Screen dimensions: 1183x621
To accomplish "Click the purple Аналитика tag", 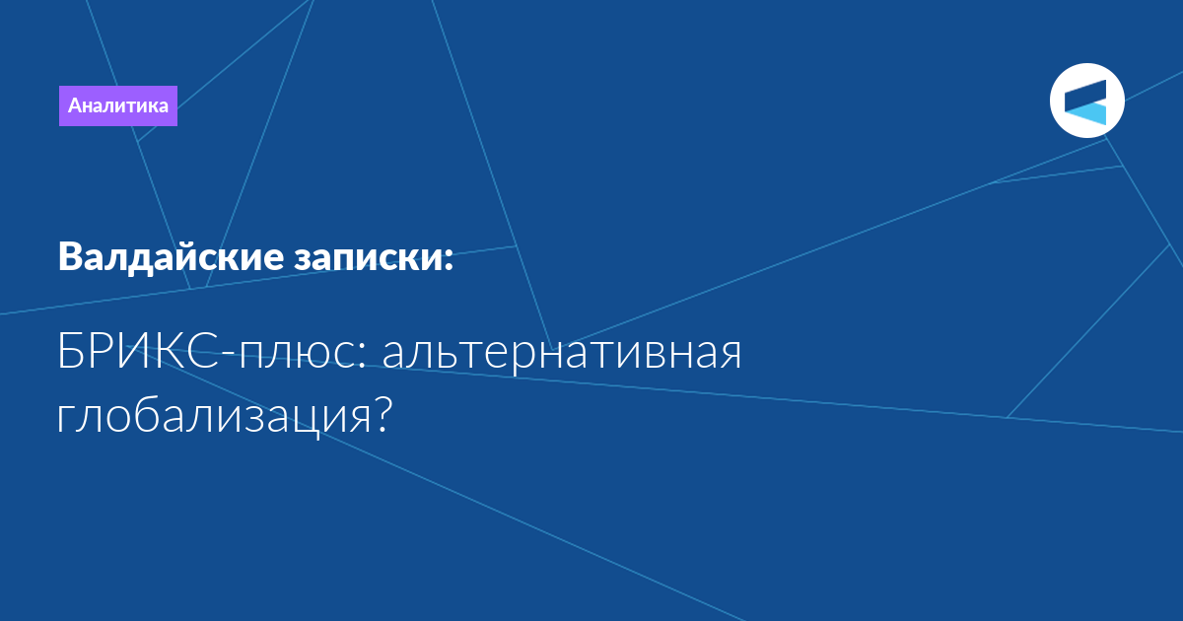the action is point(117,105).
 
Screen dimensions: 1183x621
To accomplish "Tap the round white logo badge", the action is point(1086,101).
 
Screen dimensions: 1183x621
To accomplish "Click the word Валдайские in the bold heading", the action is point(172,257).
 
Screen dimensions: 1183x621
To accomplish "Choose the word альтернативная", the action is point(562,355).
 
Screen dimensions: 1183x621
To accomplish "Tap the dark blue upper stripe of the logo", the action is point(1085,95).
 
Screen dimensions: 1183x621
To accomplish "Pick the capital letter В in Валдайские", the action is point(71,257).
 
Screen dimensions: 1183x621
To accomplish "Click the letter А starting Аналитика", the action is point(77,105).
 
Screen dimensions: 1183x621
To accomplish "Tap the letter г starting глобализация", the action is point(64,420).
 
